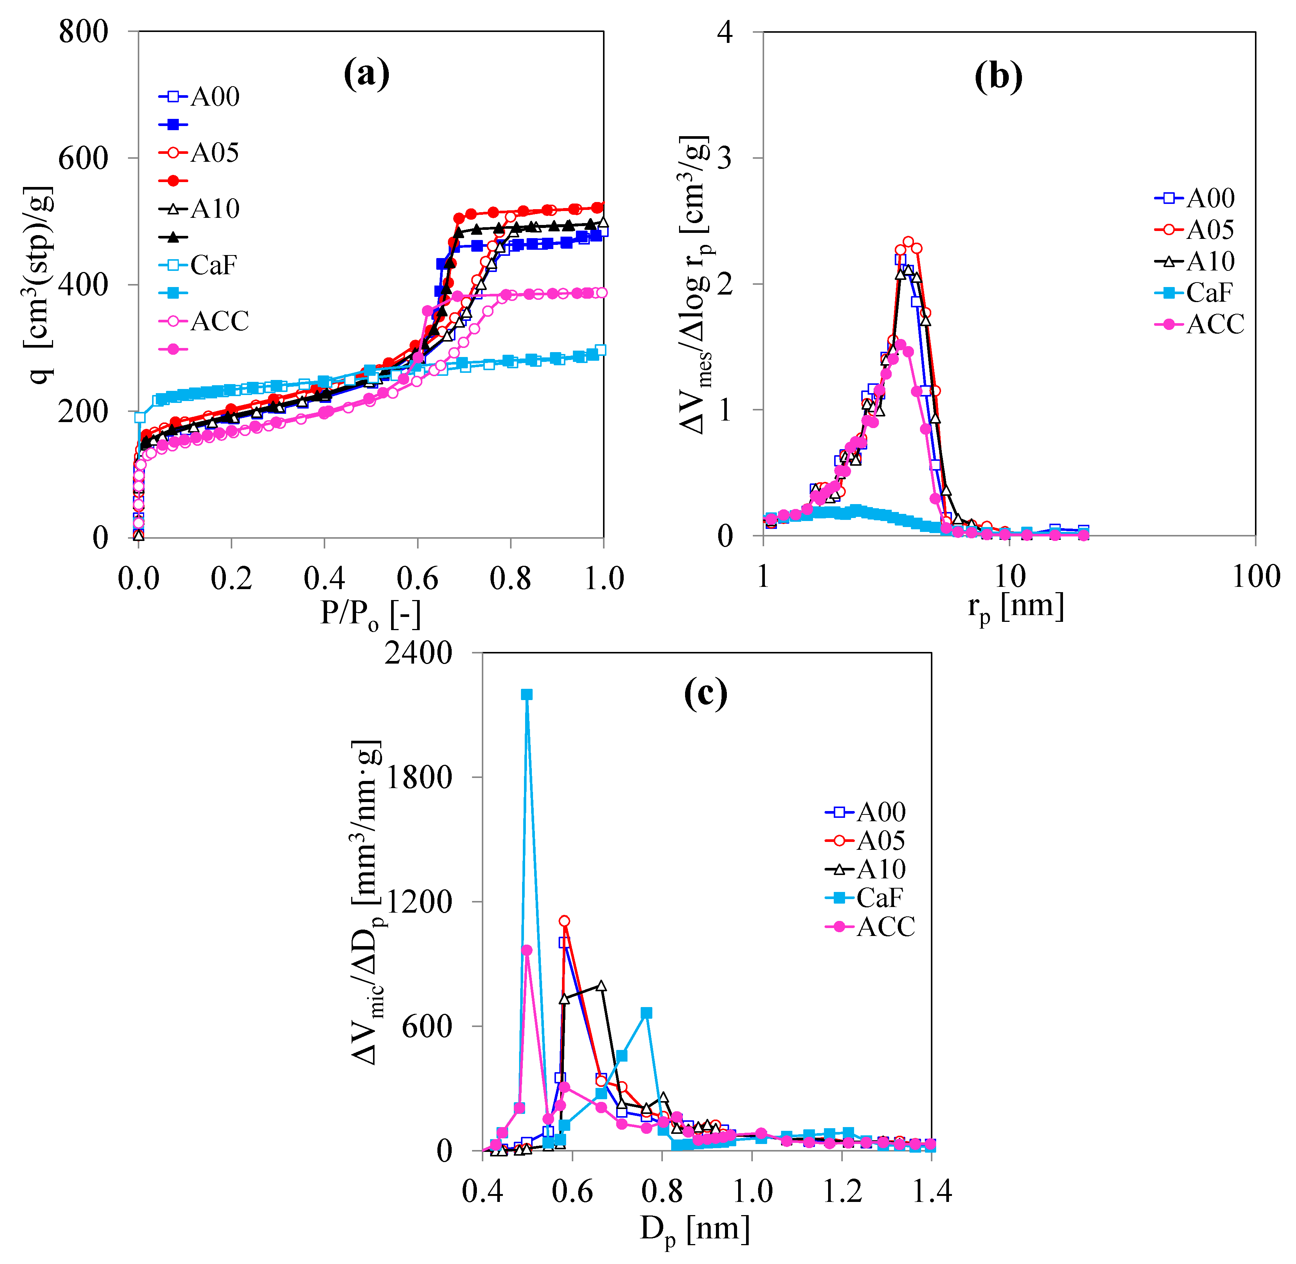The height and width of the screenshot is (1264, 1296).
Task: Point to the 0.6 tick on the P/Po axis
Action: (417, 578)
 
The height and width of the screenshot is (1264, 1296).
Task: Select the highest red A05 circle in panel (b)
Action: (908, 242)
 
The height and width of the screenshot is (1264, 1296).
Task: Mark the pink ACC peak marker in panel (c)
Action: (527, 950)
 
